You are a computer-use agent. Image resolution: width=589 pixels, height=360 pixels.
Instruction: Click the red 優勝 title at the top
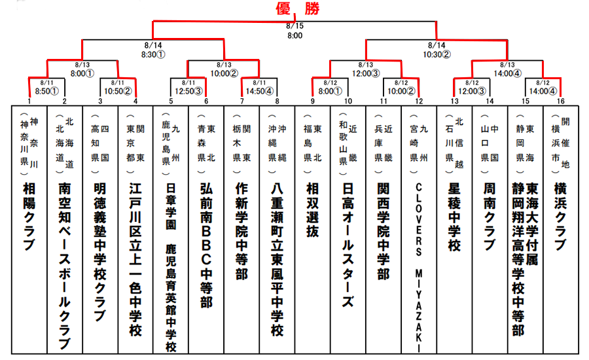pyautogui.click(x=294, y=9)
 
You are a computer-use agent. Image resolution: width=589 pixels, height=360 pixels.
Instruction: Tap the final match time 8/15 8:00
pyautogui.click(x=294, y=31)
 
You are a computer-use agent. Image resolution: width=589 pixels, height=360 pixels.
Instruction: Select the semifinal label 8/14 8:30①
pyautogui.click(x=153, y=50)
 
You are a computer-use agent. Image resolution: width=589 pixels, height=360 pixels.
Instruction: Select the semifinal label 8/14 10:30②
pyautogui.click(x=437, y=50)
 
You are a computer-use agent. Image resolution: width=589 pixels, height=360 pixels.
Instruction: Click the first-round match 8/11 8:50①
pyautogui.click(x=46, y=87)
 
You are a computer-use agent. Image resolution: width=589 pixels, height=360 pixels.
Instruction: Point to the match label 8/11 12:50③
pyautogui.click(x=188, y=87)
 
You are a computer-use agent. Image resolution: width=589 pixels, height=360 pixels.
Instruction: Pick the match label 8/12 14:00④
pyautogui.click(x=543, y=87)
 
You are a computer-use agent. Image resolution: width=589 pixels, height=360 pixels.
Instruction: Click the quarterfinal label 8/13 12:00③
pyautogui.click(x=365, y=69)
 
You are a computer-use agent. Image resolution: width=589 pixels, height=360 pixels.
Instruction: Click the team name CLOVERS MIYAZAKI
pyautogui.click(x=418, y=262)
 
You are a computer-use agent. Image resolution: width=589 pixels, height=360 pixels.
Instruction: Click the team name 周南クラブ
pyautogui.click(x=489, y=216)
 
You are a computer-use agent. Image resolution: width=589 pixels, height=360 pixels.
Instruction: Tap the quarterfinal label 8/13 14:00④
pyautogui.click(x=507, y=69)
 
